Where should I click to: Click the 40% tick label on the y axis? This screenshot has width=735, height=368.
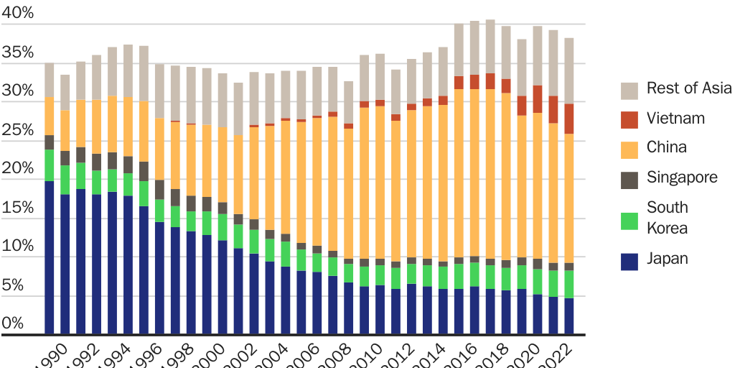18,13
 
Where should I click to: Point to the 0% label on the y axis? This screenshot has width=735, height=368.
13,323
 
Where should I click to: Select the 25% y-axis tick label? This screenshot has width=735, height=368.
18,129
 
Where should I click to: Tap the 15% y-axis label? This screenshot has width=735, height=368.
18,207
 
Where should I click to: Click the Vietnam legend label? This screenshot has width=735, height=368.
675,118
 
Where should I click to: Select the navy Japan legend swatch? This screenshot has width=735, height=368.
629,260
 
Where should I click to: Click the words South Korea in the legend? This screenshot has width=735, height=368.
667,218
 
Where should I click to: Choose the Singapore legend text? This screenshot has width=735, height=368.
682,177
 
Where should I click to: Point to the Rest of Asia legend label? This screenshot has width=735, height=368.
689,88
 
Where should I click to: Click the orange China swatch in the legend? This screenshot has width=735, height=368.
629,149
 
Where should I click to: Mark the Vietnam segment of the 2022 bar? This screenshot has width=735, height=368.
568,119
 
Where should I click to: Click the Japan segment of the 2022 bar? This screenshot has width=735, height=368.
568,316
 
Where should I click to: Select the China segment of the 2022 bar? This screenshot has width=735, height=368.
568,198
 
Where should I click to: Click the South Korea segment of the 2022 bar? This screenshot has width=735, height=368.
568,284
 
